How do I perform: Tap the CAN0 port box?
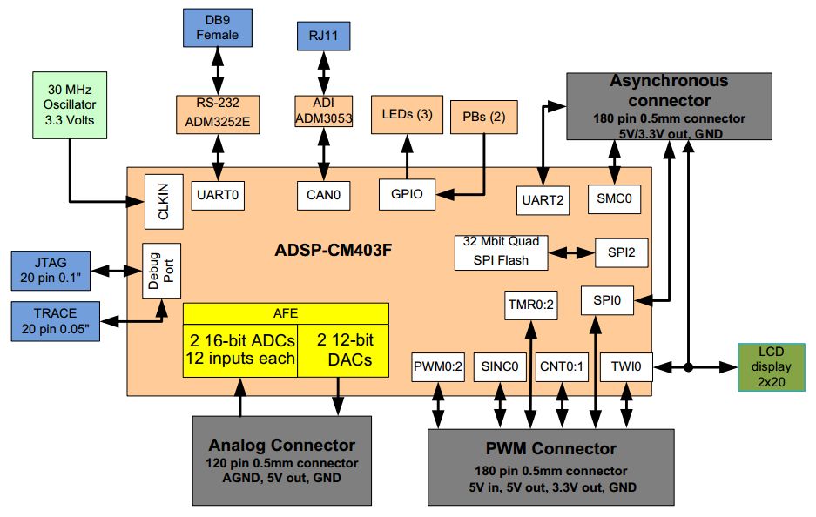(323, 196)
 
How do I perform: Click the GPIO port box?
(407, 194)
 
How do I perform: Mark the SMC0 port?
(615, 198)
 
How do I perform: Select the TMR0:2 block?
(529, 305)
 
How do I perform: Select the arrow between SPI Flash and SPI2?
(572, 252)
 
